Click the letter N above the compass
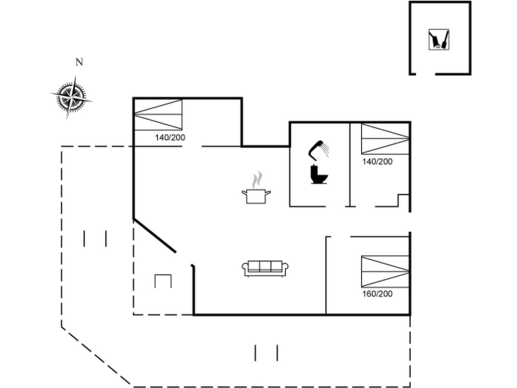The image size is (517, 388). [x=79, y=62]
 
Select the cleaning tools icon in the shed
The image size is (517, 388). [x=439, y=39]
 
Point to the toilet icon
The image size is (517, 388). [x=319, y=174]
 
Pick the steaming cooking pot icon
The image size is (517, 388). [x=256, y=187]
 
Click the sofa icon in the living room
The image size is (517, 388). [x=265, y=269]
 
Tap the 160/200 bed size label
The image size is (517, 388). [x=377, y=294]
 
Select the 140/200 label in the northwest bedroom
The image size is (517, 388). [x=170, y=137]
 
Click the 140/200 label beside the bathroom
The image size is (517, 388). [x=377, y=161]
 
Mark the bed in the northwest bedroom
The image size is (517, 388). [x=158, y=115]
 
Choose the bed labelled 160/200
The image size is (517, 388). [x=385, y=272]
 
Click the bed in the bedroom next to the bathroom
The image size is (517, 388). [x=385, y=139]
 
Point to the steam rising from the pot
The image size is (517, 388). [x=257, y=180]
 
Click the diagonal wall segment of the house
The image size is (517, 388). [x=154, y=235]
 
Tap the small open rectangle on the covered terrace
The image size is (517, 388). [x=163, y=281]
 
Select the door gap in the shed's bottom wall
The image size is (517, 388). [x=425, y=74]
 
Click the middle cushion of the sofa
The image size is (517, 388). [x=265, y=266]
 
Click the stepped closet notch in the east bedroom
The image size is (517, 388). [x=404, y=201]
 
